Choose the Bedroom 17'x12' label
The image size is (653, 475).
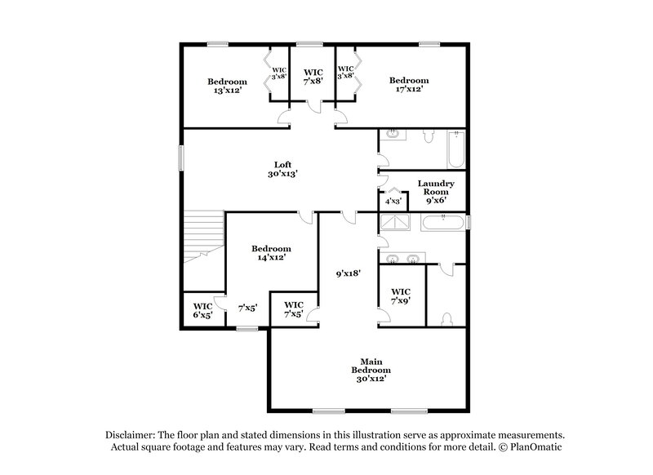click(x=408, y=85)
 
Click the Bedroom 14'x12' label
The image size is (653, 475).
click(x=271, y=252)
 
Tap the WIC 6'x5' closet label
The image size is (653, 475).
click(x=202, y=309)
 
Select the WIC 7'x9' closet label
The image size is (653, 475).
click(x=401, y=295)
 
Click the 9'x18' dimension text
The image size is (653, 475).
click(x=349, y=275)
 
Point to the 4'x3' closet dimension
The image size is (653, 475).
click(x=393, y=200)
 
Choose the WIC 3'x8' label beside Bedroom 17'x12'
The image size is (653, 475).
click(x=346, y=72)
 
